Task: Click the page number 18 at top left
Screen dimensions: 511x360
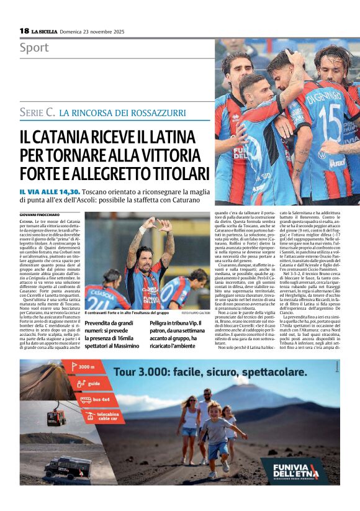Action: click(24, 30)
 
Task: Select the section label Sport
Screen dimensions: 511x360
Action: click(34, 48)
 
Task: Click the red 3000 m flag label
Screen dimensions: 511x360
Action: click(84, 367)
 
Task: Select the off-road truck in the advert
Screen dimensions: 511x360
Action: click(67, 468)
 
